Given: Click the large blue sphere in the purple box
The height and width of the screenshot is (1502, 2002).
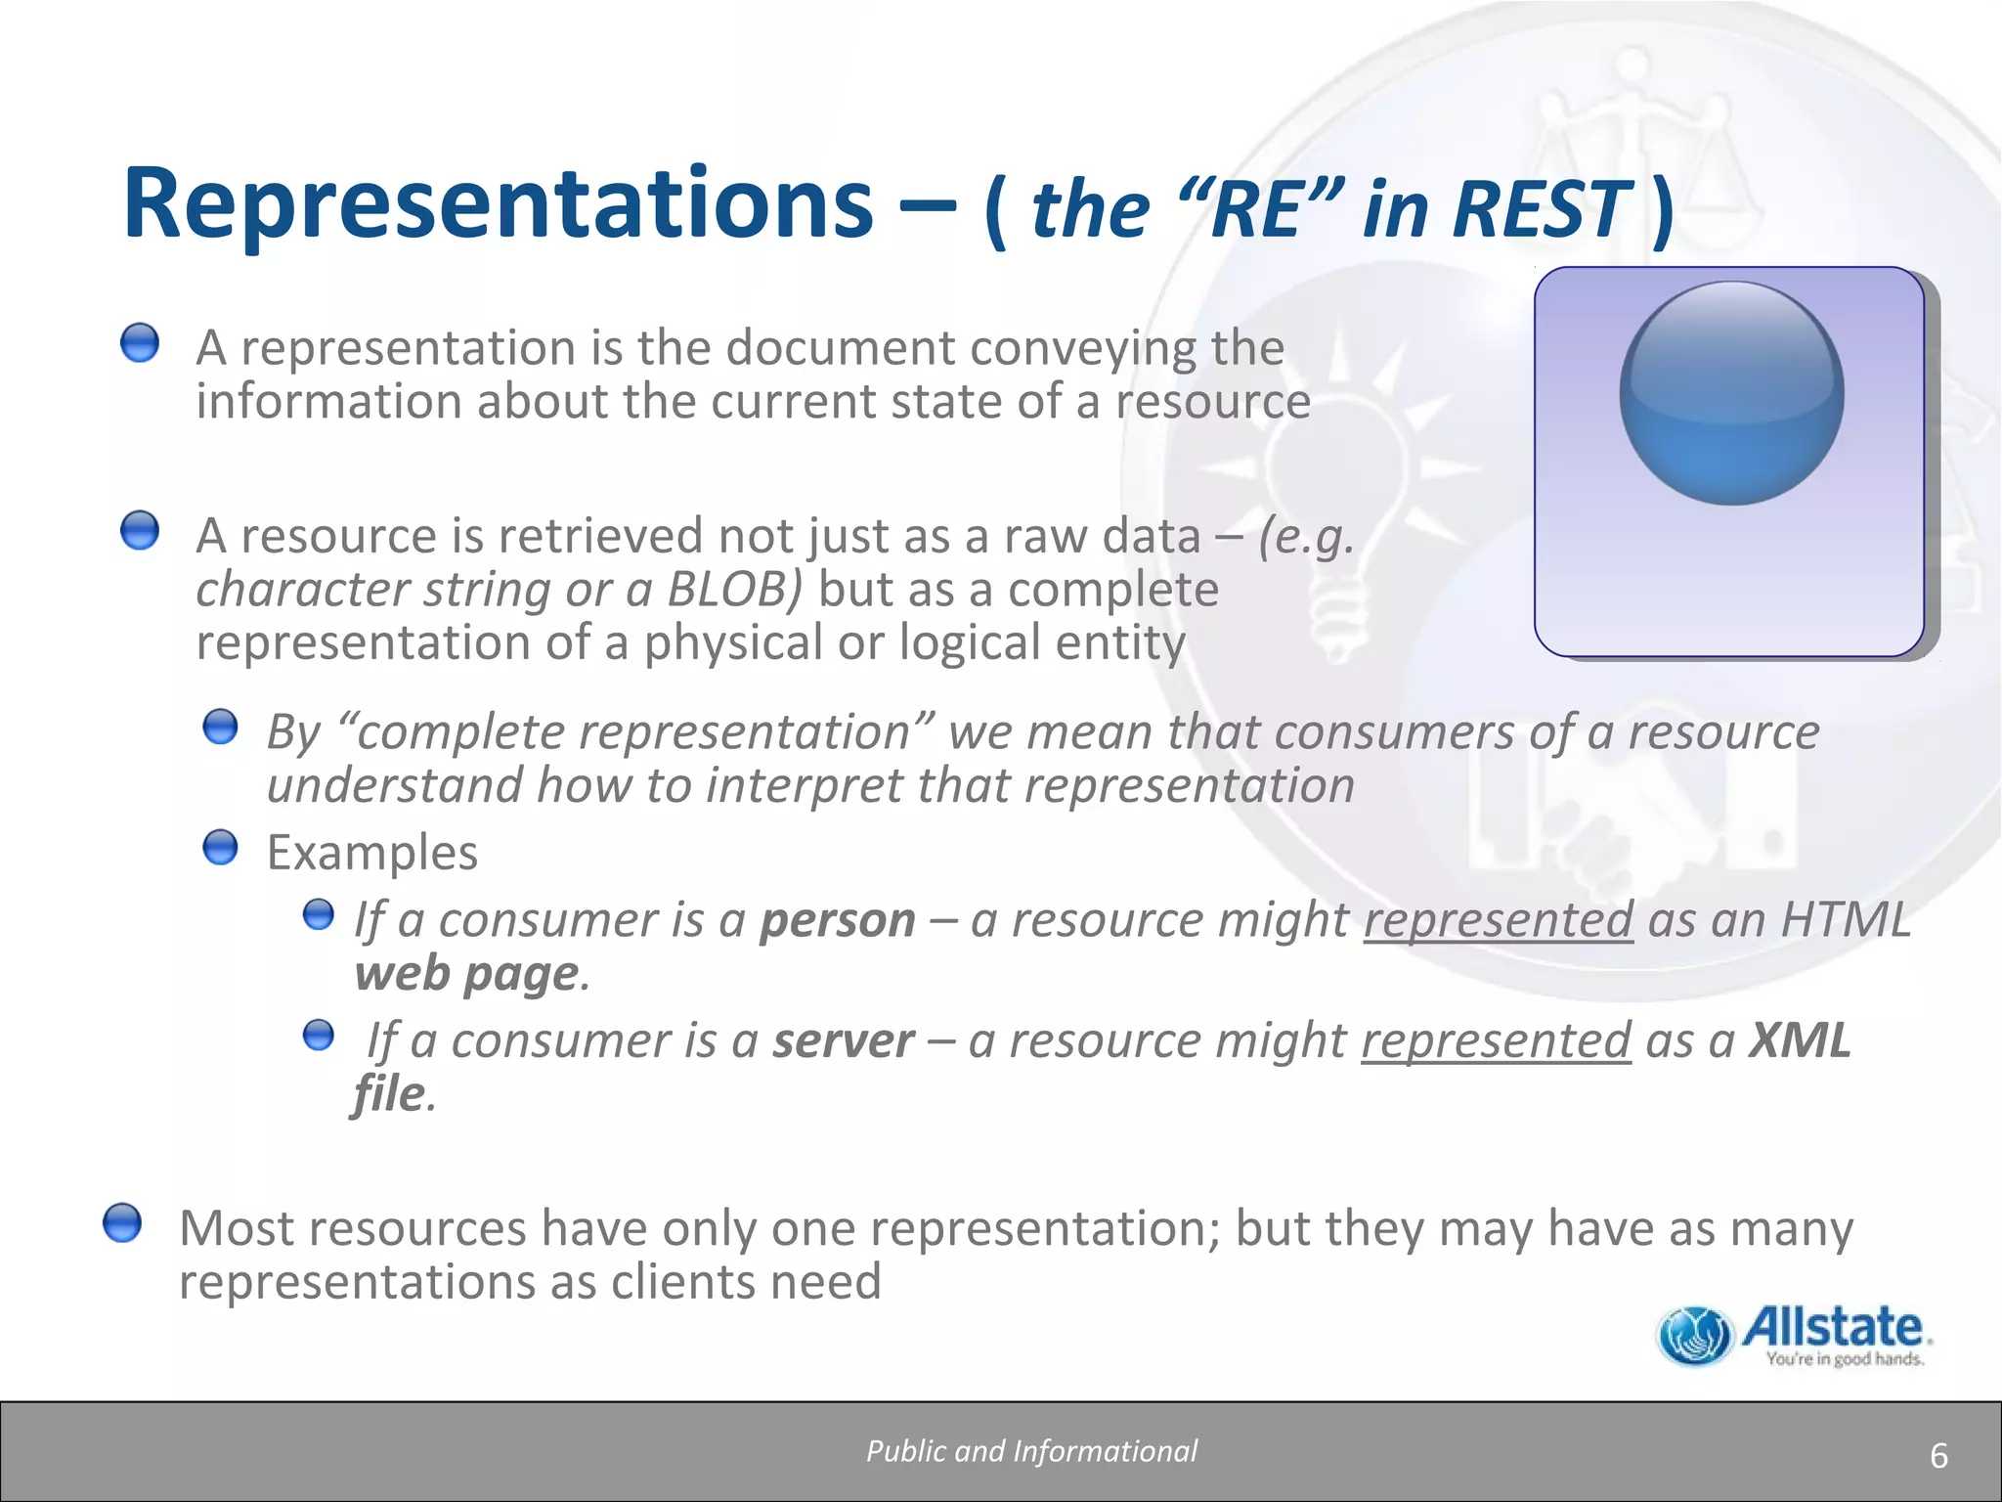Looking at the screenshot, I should point(1731,393).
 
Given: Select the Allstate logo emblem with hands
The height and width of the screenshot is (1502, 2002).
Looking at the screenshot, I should point(1694,1336).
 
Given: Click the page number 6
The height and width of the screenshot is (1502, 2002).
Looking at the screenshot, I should point(1938,1457).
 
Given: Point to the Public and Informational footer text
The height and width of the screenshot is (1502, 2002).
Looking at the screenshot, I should point(1031,1451).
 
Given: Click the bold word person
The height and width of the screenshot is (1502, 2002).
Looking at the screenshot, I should point(838,920).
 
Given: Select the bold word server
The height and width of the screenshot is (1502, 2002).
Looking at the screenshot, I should point(844,1040).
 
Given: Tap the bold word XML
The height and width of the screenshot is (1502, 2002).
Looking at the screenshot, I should point(1800,1040).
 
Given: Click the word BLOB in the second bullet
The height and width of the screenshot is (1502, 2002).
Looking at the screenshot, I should point(734,590).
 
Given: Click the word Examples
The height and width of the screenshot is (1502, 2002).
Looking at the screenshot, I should point(372,853).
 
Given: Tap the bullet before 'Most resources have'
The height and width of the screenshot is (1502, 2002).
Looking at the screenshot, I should point(122,1223).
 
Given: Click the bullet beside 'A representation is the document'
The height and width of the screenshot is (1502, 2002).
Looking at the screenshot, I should point(140,344).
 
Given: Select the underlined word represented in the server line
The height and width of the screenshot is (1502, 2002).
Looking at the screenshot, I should point(1496,1040).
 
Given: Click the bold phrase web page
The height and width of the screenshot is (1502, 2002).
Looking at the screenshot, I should point(467,974).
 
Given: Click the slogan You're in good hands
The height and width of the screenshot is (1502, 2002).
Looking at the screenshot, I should point(1844,1358).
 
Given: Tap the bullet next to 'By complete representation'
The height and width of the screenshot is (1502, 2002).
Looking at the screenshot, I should point(220,728).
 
